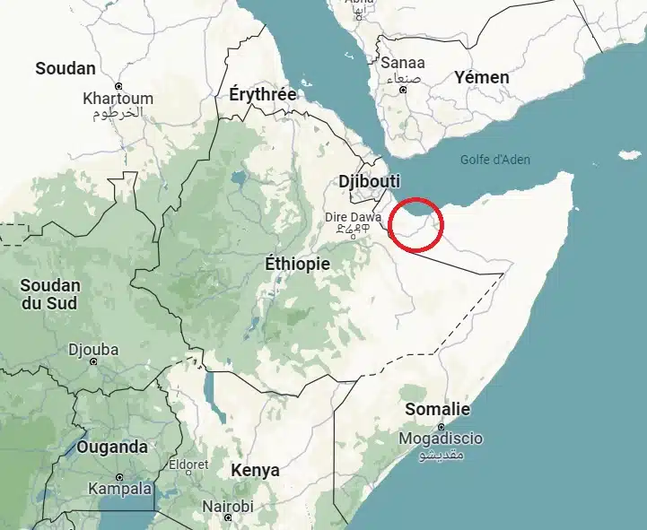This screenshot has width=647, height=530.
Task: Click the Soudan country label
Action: [x=65, y=68]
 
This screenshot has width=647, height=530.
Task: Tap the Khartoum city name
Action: [x=118, y=99]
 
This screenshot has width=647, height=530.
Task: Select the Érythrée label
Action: [x=263, y=93]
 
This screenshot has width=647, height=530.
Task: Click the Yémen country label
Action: [x=481, y=77]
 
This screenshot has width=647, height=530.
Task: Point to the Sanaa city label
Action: [x=403, y=64]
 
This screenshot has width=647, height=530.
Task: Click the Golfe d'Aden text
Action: [x=494, y=161]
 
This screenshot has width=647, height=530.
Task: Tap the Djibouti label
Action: [x=369, y=182]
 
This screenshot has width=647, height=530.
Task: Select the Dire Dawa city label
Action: [x=353, y=216]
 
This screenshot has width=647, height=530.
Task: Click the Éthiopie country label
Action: [x=298, y=265]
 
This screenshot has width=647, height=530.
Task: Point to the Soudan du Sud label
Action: [x=50, y=294]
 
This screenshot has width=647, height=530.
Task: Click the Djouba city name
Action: [x=94, y=350]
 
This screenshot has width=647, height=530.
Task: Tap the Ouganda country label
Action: [x=112, y=447]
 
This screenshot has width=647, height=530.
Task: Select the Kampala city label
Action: [x=120, y=490]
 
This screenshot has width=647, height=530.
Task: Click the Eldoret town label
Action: [x=188, y=465]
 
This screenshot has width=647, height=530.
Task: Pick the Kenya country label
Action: [x=255, y=470]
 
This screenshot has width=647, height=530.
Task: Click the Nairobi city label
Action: [x=227, y=507]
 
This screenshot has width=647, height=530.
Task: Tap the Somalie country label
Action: [x=437, y=410]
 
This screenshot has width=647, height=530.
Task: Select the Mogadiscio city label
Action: [x=442, y=439]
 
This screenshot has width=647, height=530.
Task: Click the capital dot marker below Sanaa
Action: [x=403, y=90]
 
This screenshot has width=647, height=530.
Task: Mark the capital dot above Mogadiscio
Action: [x=441, y=425]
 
